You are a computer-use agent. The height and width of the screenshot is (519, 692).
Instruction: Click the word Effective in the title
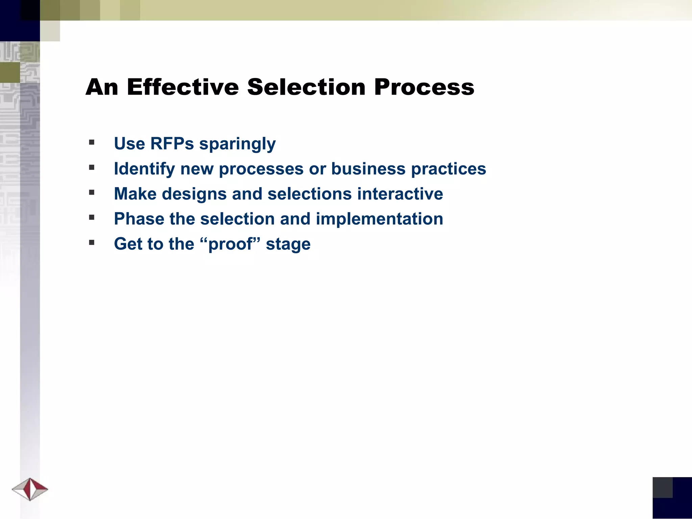(x=183, y=87)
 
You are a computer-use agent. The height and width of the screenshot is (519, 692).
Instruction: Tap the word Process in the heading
(x=424, y=87)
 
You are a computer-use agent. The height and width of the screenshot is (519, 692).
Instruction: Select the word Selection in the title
(x=306, y=87)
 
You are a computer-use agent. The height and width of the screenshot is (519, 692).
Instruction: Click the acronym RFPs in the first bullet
(x=172, y=143)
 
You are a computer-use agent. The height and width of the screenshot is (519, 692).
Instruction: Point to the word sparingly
(x=237, y=144)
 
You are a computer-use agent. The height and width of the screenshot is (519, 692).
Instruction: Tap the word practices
(x=448, y=169)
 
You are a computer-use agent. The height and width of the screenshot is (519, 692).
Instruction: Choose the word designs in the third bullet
(x=194, y=194)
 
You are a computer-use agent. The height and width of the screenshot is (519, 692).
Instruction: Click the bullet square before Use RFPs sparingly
(x=92, y=142)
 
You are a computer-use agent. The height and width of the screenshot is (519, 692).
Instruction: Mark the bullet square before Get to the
(x=92, y=242)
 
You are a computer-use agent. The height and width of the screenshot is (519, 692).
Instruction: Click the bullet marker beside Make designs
(x=92, y=192)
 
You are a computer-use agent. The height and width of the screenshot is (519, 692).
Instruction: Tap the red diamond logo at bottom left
(x=30, y=489)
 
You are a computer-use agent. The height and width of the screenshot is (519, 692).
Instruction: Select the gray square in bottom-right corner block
(x=662, y=487)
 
